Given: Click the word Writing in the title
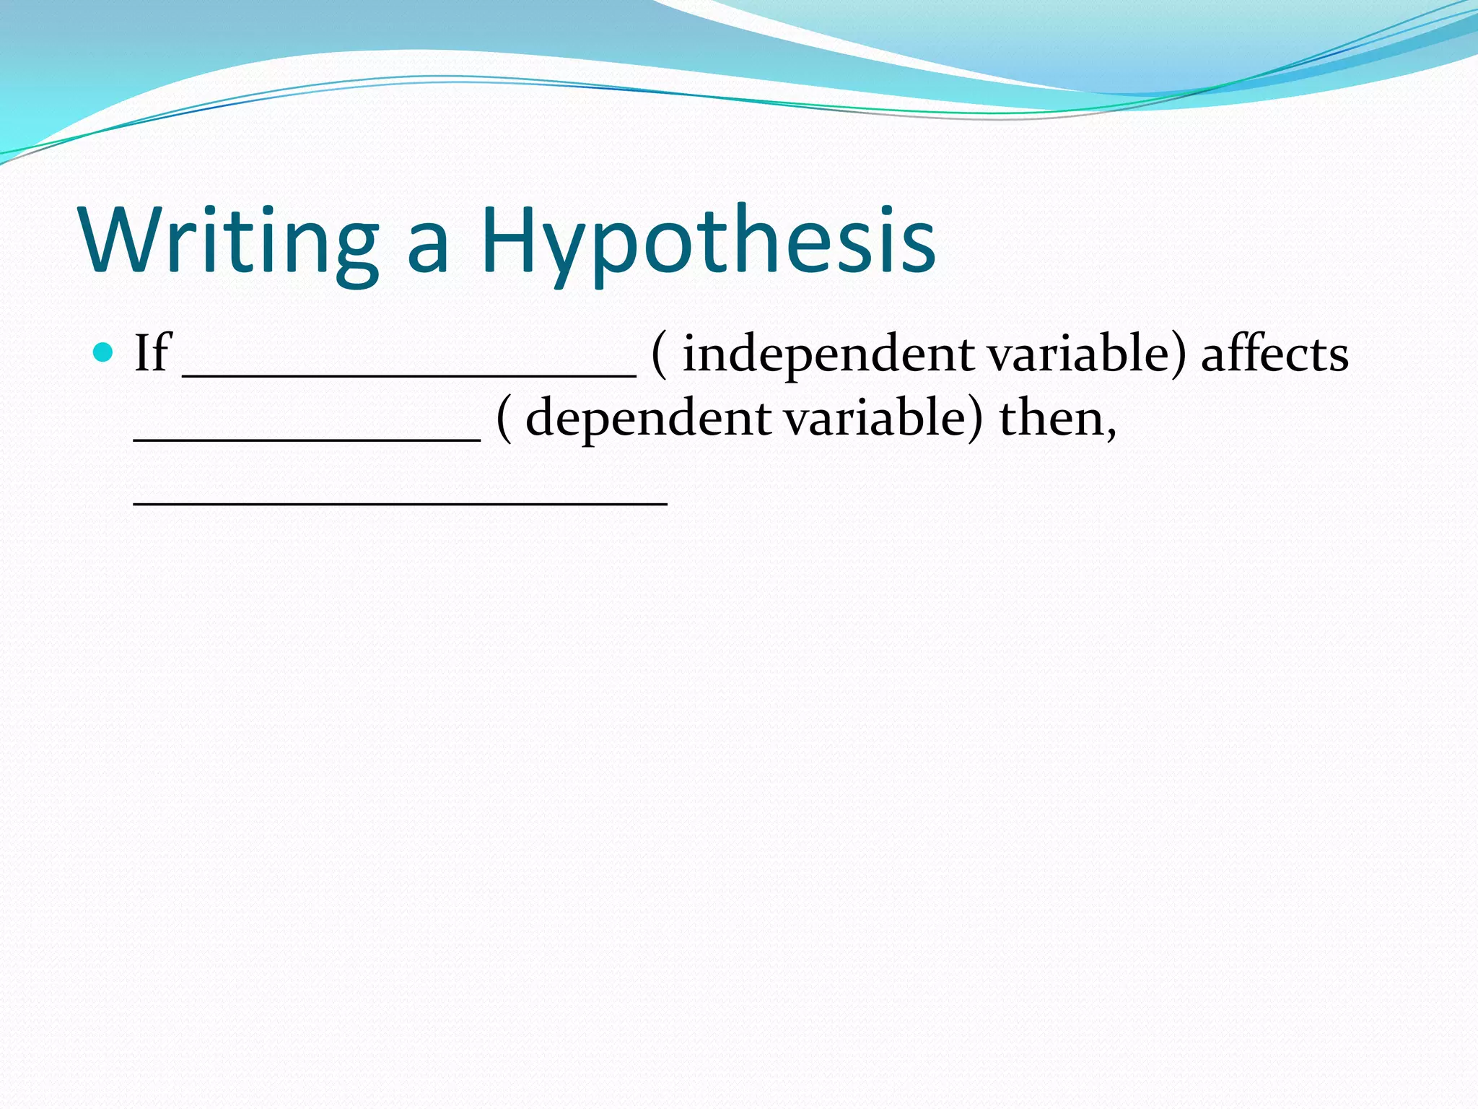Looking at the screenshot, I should pos(229,240).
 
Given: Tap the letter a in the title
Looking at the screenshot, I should pos(429,248).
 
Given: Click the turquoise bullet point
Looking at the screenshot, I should pos(104,352).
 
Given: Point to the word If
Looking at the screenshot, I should pos(152,353).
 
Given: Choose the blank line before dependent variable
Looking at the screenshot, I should pos(307,438).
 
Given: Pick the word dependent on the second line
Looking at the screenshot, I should pos(648,419).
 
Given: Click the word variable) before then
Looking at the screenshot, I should pos(883,418).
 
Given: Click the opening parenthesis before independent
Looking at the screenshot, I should pos(658,355).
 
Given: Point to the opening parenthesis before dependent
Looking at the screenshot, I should pos(504,419).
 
